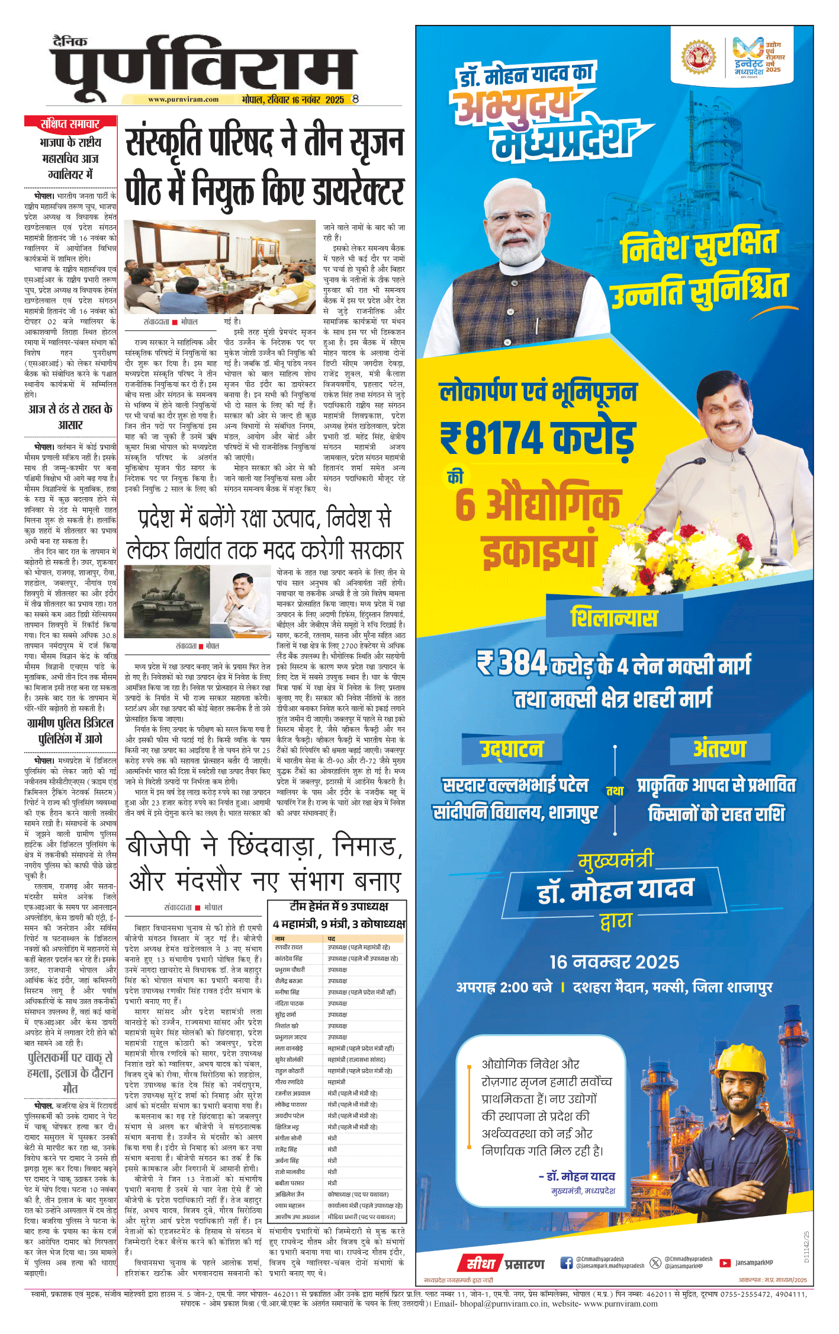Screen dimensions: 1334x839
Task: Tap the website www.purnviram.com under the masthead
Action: tap(183, 100)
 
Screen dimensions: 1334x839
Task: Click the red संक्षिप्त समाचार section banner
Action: tap(70, 123)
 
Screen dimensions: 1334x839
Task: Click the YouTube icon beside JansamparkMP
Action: tap(725, 1263)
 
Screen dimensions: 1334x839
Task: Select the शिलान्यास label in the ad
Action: tap(613, 618)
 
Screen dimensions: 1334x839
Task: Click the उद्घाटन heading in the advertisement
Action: tap(512, 749)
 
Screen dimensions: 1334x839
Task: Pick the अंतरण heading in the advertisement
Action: tap(719, 749)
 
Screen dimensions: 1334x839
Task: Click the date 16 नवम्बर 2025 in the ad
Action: tap(614, 962)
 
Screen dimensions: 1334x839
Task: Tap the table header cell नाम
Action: tap(280, 939)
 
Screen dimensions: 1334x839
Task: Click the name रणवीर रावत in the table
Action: tap(289, 948)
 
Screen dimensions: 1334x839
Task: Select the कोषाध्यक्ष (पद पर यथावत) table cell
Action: tap(358, 1195)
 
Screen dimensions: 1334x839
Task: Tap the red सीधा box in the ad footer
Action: tap(480, 1263)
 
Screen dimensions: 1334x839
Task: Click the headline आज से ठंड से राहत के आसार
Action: tap(70, 417)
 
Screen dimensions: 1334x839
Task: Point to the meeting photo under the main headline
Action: tap(220, 267)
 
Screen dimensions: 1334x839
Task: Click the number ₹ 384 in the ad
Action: tap(513, 663)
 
